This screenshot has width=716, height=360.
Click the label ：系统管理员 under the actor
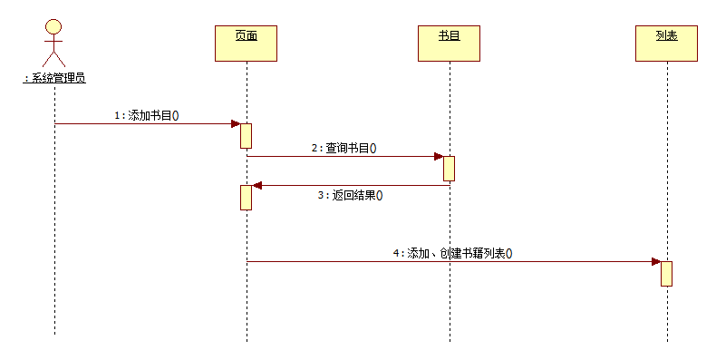(54, 78)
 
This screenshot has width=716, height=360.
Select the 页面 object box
(246, 43)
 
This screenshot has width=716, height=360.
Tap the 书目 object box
(449, 43)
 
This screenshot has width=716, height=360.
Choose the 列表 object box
(666, 43)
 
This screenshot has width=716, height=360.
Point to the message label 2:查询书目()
(343, 148)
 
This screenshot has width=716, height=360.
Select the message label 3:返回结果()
(350, 195)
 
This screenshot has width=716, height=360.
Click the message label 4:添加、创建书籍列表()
(452, 254)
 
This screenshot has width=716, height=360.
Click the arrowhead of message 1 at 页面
(234, 123)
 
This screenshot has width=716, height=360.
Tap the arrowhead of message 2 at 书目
(437, 156)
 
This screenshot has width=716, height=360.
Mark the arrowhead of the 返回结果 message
(257, 185)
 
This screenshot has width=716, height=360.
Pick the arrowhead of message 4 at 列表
(655, 261)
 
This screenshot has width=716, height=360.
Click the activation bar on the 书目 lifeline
(449, 169)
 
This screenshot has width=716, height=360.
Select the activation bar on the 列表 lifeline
(666, 273)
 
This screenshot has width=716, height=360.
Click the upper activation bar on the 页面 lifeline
(246, 135)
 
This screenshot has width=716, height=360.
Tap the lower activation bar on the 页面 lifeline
(246, 197)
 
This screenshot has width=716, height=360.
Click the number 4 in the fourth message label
(396, 254)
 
